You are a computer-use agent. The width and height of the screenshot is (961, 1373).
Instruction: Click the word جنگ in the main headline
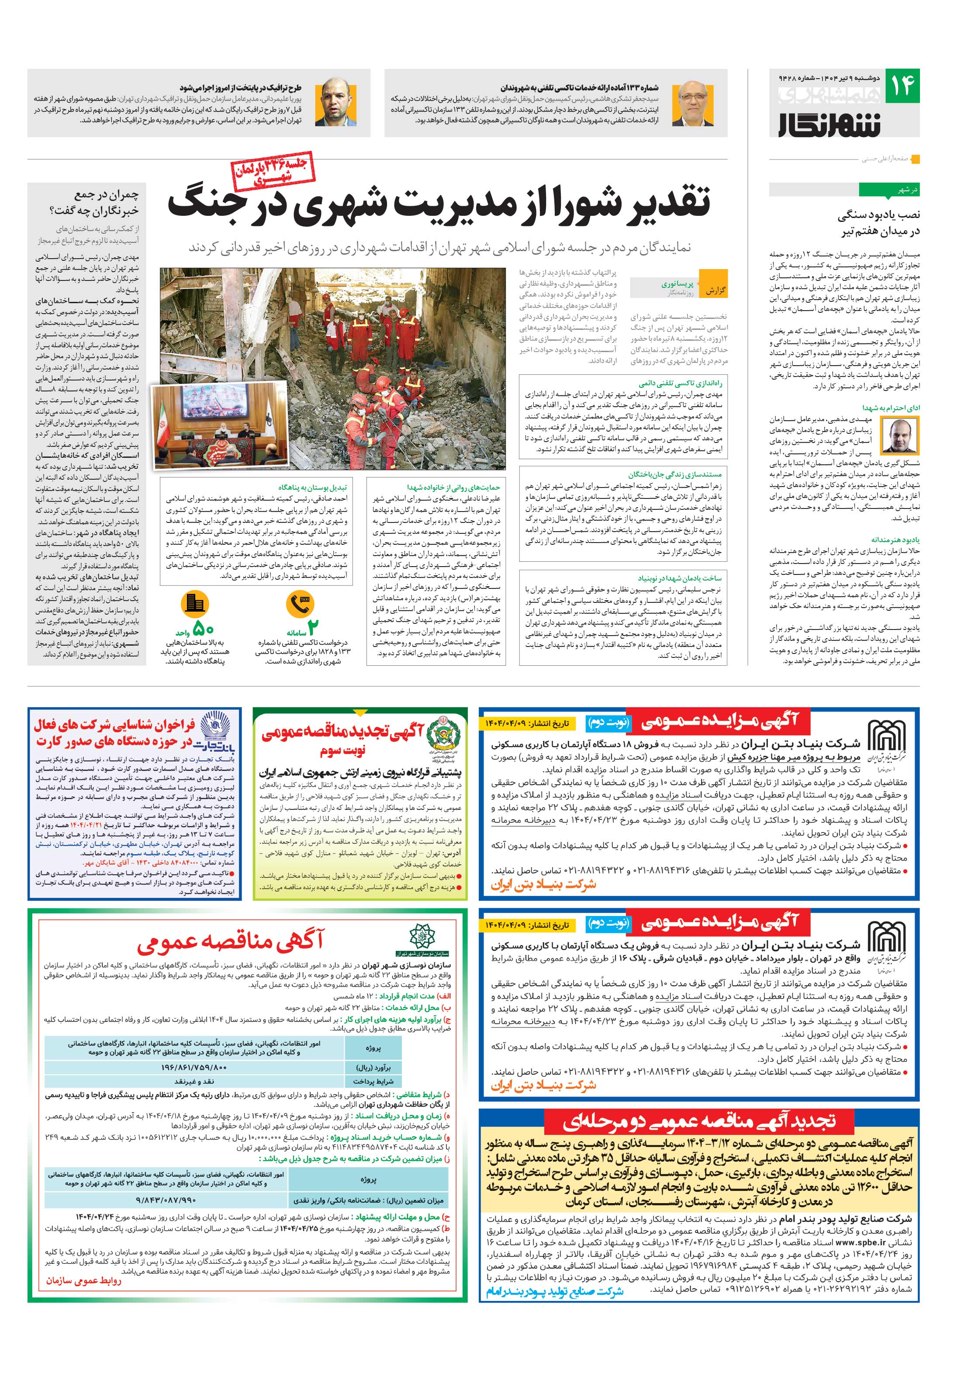click(x=201, y=203)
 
